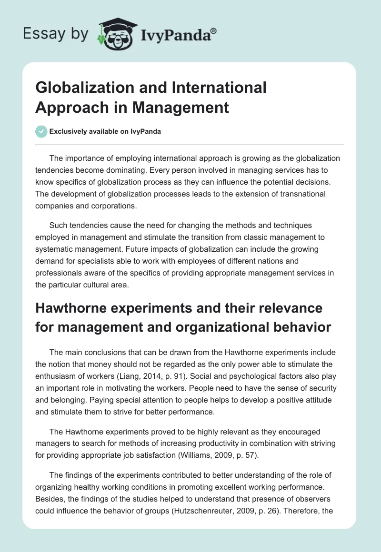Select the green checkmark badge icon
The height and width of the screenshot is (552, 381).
[41, 131]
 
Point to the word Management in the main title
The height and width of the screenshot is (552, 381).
[180, 107]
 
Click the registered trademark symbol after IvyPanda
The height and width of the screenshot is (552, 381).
[214, 30]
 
